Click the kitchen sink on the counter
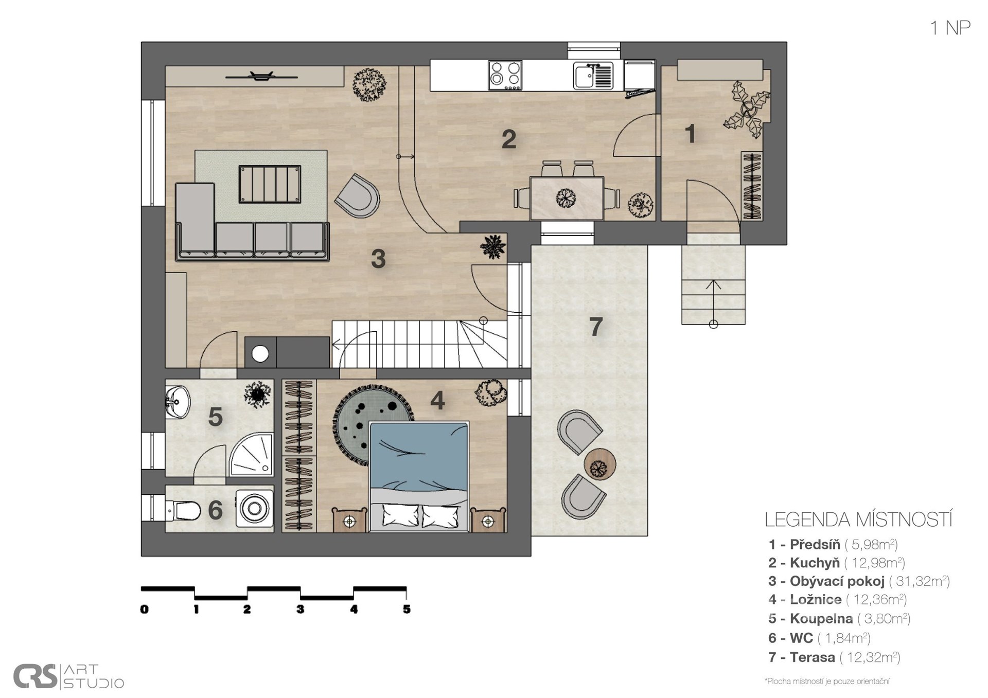click(593, 76)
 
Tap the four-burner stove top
click(505, 75)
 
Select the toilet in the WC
click(183, 511)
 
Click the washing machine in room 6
click(254, 509)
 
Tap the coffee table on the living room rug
click(270, 184)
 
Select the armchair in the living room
click(358, 196)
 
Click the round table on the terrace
click(599, 464)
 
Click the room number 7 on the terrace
click(595, 327)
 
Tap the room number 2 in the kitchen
click(508, 139)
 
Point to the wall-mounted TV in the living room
click(262, 77)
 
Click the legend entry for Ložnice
click(837, 599)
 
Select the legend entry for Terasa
click(834, 657)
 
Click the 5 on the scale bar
click(407, 610)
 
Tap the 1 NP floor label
click(950, 28)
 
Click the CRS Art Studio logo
click(68, 676)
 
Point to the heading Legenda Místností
click(858, 520)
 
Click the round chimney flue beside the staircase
click(260, 354)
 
